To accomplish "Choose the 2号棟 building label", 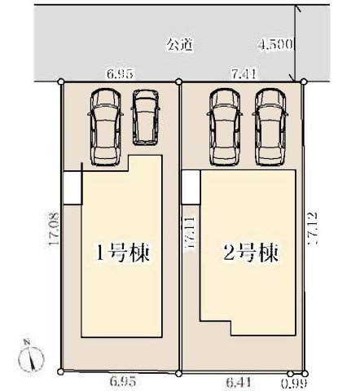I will pyautogui.click(x=250, y=251).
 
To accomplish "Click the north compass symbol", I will pyautogui.click(x=32, y=356).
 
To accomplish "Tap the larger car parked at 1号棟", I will pyautogui.click(x=106, y=124).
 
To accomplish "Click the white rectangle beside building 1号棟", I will pyautogui.click(x=73, y=187).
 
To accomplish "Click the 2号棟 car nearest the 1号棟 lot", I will pyautogui.click(x=223, y=124).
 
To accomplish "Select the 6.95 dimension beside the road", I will pyautogui.click(x=119, y=74).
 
